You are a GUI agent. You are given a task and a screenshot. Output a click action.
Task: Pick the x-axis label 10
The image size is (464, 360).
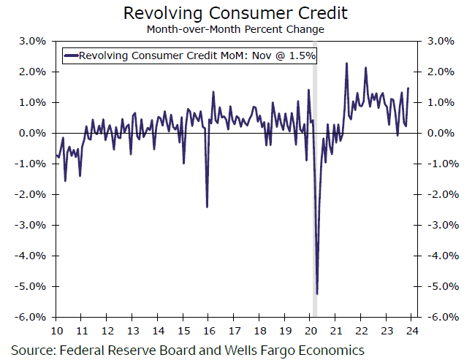click(x=56, y=329)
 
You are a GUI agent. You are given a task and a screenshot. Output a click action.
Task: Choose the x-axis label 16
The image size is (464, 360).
click(x=208, y=329)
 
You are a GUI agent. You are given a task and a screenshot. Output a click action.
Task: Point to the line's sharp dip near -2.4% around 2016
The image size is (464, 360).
click(x=207, y=207)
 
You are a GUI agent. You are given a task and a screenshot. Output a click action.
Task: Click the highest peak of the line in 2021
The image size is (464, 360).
click(x=346, y=64)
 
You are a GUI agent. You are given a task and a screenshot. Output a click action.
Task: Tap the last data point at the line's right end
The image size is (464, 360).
click(x=408, y=88)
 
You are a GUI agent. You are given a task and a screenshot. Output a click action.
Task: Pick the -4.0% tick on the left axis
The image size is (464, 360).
click(x=34, y=256)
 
